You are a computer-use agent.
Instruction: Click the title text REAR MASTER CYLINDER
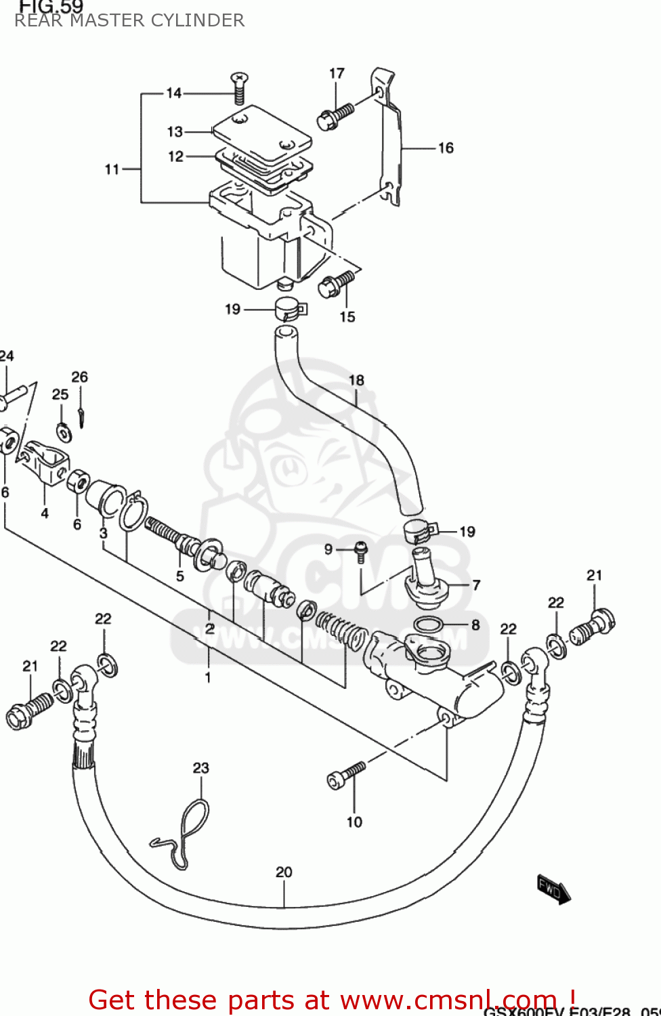129,21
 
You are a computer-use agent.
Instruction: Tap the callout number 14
174,93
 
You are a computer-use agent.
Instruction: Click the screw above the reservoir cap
240,87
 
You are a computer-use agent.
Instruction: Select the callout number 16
446,148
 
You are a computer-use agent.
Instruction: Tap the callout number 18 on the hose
356,381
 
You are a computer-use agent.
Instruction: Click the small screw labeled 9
361,551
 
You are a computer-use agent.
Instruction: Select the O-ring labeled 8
428,624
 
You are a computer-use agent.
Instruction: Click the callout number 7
476,585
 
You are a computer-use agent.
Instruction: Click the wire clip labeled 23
184,833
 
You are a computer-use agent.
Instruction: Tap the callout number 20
284,872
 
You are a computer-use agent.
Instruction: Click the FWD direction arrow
553,889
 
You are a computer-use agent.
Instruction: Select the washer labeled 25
65,430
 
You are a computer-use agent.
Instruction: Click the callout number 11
112,169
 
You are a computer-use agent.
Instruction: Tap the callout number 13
175,131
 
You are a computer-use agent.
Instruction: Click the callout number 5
180,576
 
